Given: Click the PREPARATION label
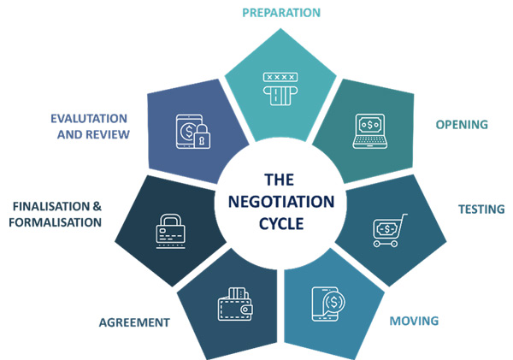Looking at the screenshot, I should point(280,13).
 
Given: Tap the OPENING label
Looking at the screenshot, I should point(462,125).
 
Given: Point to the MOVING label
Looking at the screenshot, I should point(414,322).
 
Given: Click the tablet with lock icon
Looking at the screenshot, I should point(192,130).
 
